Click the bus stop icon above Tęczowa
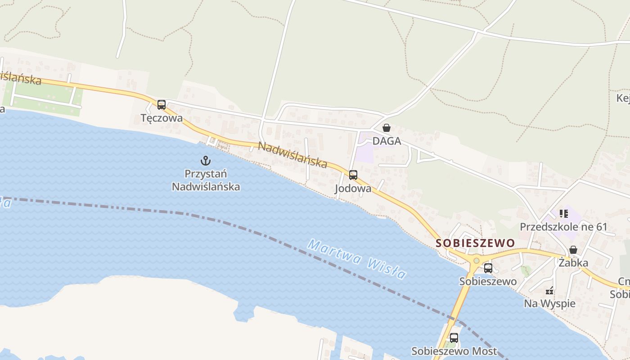[162, 105]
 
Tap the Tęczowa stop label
[162, 118]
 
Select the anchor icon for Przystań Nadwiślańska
[206, 161]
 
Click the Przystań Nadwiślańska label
[206, 180]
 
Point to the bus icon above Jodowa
[353, 175]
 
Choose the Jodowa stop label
[353, 189]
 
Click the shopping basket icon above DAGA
[386, 128]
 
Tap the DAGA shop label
[387, 141]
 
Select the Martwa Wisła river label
[357, 259]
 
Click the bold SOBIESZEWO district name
[476, 243]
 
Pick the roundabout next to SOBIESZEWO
[476, 261]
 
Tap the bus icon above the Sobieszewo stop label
[488, 269]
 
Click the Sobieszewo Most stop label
[454, 351]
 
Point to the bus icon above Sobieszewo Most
[454, 337]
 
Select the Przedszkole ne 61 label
[564, 227]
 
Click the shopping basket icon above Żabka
[573, 249]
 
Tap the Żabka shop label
[573, 262]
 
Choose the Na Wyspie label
[549, 304]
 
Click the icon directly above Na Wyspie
[549, 291]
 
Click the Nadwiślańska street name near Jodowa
[292, 155]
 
